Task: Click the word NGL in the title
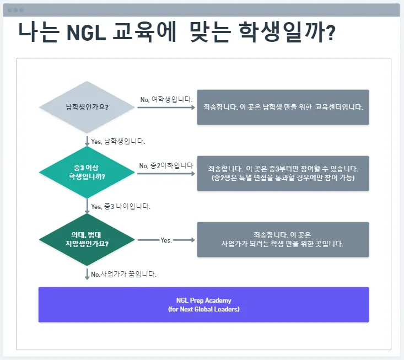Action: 84,31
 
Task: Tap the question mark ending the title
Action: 331,31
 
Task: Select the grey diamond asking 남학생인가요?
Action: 87,107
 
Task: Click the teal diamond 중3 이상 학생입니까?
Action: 87,173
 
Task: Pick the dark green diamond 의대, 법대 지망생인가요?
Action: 87,239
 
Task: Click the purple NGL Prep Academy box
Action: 203,305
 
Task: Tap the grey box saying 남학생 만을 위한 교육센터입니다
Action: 283,107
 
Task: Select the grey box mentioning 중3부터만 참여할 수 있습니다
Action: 283,173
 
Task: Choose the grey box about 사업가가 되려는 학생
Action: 283,239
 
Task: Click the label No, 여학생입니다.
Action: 166,99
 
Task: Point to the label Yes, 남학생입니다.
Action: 117,141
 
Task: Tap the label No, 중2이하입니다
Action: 166,165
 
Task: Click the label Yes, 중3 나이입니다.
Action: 120,207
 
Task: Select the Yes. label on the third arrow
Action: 166,240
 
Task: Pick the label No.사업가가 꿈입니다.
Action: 123,274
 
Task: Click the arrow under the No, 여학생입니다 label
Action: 166,107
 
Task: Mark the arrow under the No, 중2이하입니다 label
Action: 166,174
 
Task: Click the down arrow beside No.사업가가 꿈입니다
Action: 87,273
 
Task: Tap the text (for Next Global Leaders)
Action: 203,309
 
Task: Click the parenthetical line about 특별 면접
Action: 283,178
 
